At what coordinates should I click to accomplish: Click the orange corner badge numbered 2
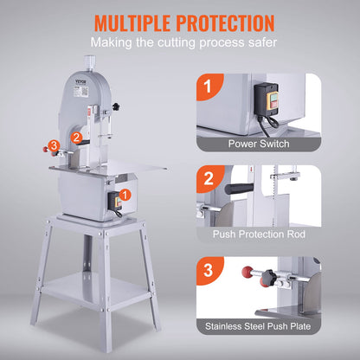pyautogui.click(x=206, y=178)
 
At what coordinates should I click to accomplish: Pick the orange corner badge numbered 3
pyautogui.click(x=206, y=269)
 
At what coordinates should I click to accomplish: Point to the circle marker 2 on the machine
pyautogui.click(x=76, y=137)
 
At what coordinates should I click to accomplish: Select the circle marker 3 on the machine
pyautogui.click(x=54, y=145)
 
